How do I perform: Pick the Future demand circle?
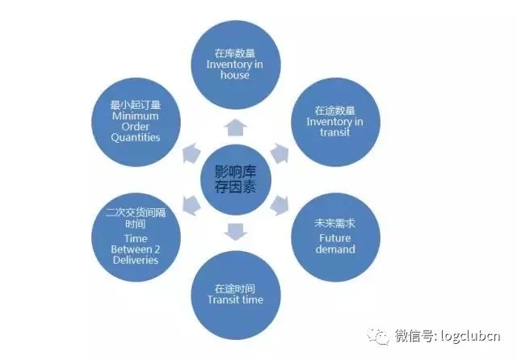[334, 233]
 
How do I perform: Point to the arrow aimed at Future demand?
[280, 203]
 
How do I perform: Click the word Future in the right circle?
[334, 239]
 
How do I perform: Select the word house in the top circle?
[234, 75]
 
